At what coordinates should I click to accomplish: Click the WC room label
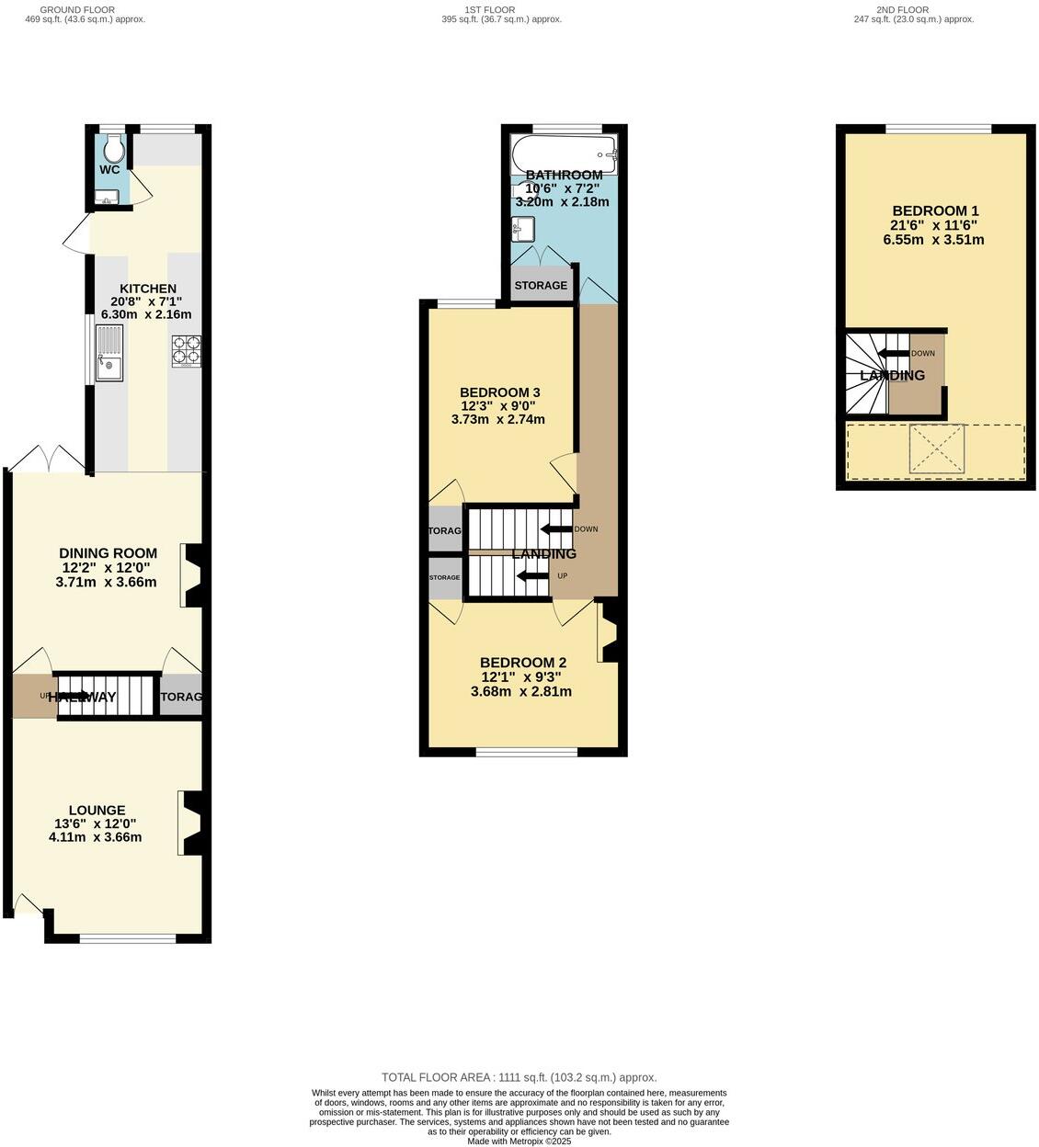pyautogui.click(x=109, y=170)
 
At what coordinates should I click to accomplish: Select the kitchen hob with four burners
pyautogui.click(x=186, y=350)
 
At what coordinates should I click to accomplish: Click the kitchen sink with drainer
pyautogui.click(x=108, y=353)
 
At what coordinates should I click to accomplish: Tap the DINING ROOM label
pyautogui.click(x=108, y=553)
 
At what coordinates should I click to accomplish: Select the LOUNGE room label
pyautogui.click(x=97, y=811)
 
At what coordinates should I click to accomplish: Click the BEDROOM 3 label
pyautogui.click(x=499, y=392)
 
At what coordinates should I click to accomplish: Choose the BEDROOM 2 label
pyautogui.click(x=522, y=663)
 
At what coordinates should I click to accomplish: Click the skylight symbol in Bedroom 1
pyautogui.click(x=937, y=449)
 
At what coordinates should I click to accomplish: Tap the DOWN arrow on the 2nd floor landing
pyautogui.click(x=892, y=354)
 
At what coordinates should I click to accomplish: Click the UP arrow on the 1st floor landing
pyautogui.click(x=531, y=576)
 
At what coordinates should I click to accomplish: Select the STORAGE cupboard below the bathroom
pyautogui.click(x=541, y=285)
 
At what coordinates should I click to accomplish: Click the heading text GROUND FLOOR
pyautogui.click(x=77, y=10)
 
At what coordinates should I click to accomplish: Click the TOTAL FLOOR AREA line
pyautogui.click(x=519, y=1077)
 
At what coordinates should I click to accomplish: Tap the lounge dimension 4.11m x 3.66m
pyautogui.click(x=96, y=837)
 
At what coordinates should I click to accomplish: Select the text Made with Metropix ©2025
pyautogui.click(x=519, y=1141)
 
